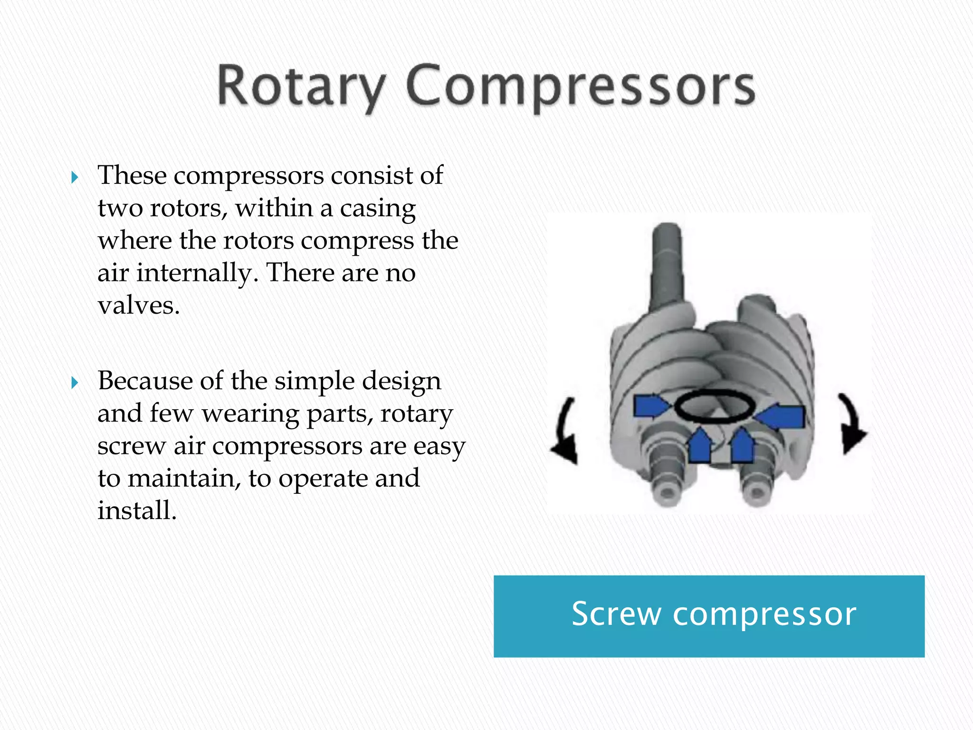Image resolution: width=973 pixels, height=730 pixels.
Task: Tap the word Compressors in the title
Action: (581, 86)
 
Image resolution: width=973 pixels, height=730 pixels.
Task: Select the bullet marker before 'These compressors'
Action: (75, 178)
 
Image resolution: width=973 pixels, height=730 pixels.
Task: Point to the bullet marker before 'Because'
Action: (75, 383)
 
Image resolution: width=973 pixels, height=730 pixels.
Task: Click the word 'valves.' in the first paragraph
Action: (139, 305)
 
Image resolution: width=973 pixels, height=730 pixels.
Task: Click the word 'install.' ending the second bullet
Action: (137, 510)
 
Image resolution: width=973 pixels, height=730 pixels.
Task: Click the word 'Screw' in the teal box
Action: (616, 614)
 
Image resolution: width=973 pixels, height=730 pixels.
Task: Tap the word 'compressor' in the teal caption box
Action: (764, 614)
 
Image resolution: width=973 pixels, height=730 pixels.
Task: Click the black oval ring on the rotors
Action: (715, 407)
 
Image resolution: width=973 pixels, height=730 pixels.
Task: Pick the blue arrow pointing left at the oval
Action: (781, 416)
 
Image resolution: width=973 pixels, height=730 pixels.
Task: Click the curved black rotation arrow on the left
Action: (565, 432)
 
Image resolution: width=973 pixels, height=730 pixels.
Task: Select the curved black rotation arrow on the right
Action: (853, 425)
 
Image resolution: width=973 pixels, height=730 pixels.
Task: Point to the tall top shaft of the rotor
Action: (668, 266)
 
